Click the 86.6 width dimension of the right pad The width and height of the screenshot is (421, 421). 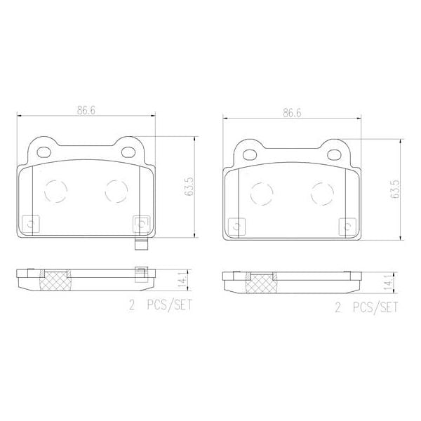pos(292,112)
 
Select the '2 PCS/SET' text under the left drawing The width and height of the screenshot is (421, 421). pos(160,306)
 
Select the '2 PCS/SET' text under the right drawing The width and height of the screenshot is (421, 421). pos(366,307)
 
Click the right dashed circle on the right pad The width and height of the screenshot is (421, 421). pos(322,192)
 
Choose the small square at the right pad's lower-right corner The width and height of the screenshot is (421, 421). pos(345,226)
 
